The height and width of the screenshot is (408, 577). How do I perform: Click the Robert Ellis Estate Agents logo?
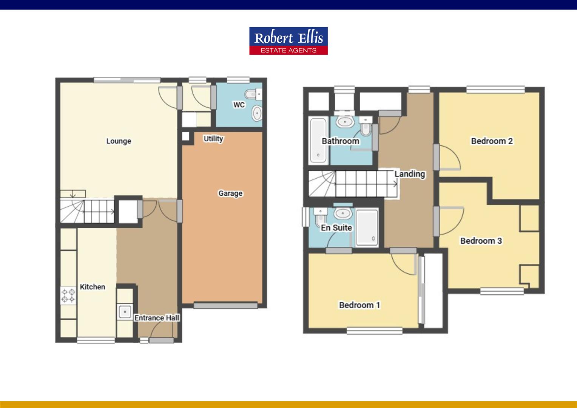pyautogui.click(x=288, y=41)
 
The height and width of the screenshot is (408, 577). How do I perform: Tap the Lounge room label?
pyautogui.click(x=119, y=141)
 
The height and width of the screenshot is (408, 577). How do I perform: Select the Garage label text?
pyautogui.click(x=230, y=193)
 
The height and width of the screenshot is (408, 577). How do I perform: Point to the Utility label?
pyautogui.click(x=213, y=139)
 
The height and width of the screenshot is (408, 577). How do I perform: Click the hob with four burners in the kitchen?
pyautogui.click(x=68, y=295)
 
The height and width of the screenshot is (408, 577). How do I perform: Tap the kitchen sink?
pyautogui.click(x=125, y=312)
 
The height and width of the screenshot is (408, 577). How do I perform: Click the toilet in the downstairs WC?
pyautogui.click(x=253, y=94)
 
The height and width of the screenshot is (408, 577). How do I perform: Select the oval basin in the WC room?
pyautogui.click(x=257, y=113)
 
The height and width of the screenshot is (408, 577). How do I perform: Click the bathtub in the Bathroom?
pyautogui.click(x=318, y=141)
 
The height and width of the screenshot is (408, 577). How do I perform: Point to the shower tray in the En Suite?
pyautogui.click(x=367, y=227)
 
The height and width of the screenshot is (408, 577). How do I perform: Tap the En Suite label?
pyautogui.click(x=336, y=227)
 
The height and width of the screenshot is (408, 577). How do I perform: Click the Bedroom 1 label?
pyautogui.click(x=359, y=305)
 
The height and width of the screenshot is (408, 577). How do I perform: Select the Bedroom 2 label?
pyautogui.click(x=492, y=141)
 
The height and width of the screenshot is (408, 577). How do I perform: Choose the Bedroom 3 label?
pyautogui.click(x=481, y=241)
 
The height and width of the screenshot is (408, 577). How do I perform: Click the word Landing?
pyautogui.click(x=410, y=174)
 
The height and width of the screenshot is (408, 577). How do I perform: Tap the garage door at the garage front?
pyautogui.click(x=225, y=306)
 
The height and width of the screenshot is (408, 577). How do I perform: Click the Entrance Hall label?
pyautogui.click(x=157, y=318)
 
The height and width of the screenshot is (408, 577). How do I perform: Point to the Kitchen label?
pyautogui.click(x=93, y=287)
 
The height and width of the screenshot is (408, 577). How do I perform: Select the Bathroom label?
pyautogui.click(x=340, y=141)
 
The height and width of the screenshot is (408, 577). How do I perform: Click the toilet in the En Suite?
pyautogui.click(x=320, y=217)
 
